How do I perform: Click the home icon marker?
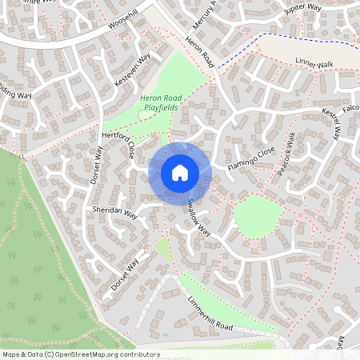(179, 173)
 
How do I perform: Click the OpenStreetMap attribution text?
(81, 354)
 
